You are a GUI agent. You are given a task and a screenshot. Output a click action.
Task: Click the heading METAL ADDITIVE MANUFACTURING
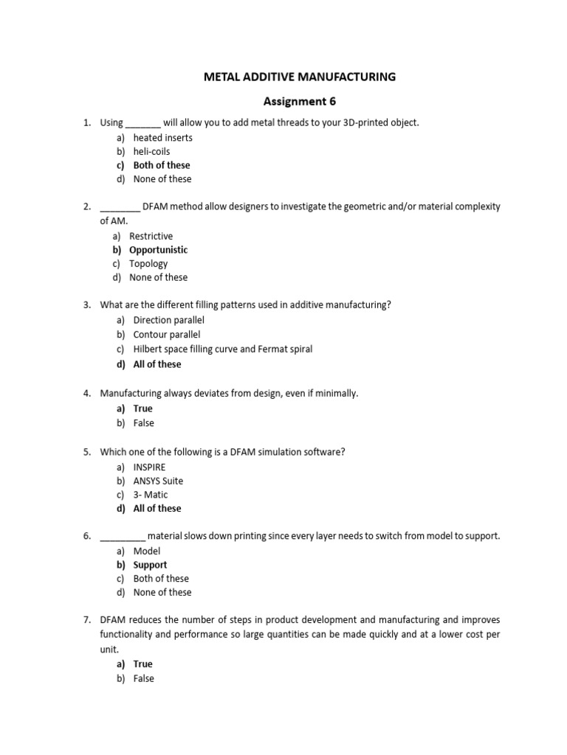tap(300, 77)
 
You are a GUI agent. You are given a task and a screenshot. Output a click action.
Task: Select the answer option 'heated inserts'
tap(162, 138)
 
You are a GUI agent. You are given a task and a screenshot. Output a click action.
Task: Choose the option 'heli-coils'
tap(151, 152)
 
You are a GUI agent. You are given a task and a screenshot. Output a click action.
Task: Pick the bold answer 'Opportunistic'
tap(158, 250)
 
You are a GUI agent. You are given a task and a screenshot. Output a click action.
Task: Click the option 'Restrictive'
tap(151, 237)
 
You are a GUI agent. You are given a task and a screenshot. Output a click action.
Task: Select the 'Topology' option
tap(148, 264)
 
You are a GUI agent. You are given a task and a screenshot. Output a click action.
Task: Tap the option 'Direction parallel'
tap(168, 321)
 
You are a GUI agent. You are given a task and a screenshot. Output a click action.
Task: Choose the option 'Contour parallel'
tap(167, 335)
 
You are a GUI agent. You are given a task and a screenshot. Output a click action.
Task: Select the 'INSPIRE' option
tap(150, 467)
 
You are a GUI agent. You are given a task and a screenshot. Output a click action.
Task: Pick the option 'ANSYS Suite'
tap(158, 481)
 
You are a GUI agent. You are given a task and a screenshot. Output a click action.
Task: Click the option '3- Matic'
tap(151, 495)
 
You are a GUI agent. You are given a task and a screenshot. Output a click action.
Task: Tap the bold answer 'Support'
tap(150, 565)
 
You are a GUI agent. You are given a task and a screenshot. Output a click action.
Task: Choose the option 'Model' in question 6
tap(146, 551)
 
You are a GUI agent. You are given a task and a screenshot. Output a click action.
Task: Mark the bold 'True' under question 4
tap(142, 408)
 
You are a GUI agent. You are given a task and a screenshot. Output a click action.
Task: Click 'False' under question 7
tap(143, 678)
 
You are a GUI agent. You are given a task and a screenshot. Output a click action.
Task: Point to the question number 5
tap(86, 451)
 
